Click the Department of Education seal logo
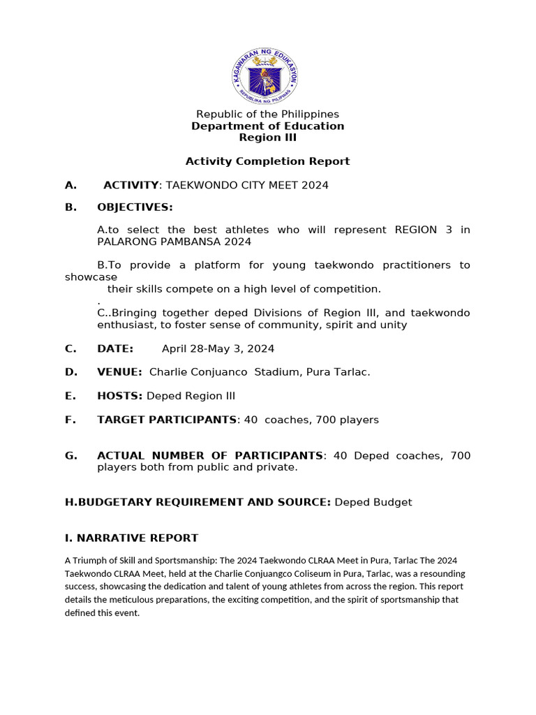pos(265,76)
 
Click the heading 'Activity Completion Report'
pos(267,161)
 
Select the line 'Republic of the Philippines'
pos(267,114)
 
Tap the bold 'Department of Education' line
pos(267,126)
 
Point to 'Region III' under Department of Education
pos(267,138)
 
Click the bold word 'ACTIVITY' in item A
pos(131,185)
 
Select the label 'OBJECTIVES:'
pos(135,207)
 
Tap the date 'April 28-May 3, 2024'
pos(218,348)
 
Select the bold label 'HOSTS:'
pos(119,396)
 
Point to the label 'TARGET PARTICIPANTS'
pos(167,420)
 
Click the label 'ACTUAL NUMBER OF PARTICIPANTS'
pos(209,455)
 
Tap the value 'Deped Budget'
pos(373,502)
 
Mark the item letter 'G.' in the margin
pos(70,455)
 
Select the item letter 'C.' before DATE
pos(70,348)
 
